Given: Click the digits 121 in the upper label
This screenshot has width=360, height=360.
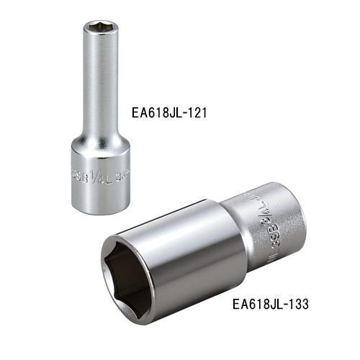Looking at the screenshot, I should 205,112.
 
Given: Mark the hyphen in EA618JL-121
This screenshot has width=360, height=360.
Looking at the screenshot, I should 192,113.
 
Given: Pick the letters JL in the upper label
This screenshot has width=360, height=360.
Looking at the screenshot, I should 181,112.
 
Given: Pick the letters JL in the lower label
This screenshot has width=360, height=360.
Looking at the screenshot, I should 274,304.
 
